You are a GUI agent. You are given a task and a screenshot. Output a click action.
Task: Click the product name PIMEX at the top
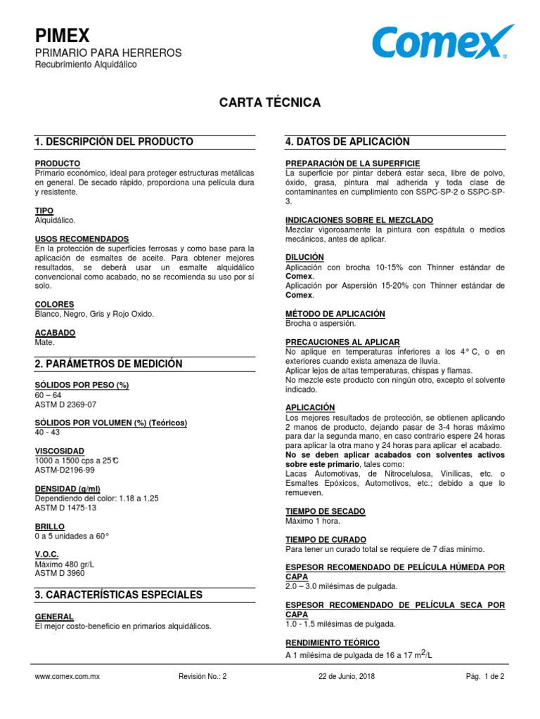63,37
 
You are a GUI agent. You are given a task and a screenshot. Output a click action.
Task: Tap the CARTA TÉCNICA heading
270,103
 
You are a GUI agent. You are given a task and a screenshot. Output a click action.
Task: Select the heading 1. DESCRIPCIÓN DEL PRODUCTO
114,142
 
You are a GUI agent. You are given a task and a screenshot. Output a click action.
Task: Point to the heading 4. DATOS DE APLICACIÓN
347,142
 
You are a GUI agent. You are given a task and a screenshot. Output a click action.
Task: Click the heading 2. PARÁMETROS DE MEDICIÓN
108,364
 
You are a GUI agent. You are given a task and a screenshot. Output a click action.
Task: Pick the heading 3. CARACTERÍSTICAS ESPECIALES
118,595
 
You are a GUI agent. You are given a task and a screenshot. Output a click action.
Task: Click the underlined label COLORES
54,305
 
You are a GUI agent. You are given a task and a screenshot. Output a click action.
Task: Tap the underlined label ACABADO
55,333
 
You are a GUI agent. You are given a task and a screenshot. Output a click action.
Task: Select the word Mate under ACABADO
44,343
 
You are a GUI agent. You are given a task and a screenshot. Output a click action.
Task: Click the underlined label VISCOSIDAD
60,451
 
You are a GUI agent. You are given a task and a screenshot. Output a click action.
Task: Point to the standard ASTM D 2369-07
66,404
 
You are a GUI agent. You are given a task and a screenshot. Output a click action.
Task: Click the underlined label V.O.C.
47,555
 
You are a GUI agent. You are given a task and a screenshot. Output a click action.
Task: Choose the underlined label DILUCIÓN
304,258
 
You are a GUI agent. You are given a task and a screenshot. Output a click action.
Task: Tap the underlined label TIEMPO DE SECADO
325,511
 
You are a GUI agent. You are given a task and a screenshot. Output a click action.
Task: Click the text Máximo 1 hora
312,521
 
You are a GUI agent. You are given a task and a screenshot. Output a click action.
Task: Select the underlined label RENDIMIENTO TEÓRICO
333,642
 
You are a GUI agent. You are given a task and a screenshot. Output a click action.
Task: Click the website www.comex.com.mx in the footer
67,677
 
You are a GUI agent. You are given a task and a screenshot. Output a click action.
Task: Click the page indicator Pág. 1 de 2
485,677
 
